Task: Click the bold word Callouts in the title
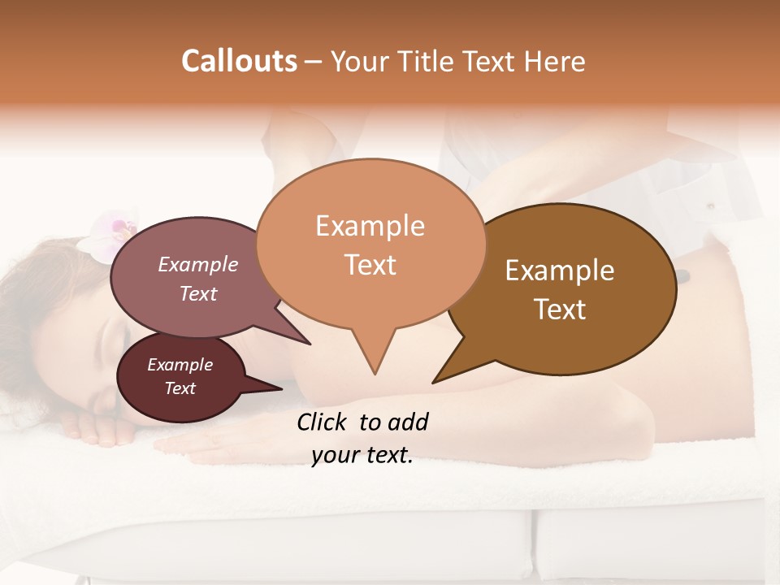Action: pyautogui.click(x=239, y=61)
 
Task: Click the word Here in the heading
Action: pyautogui.click(x=556, y=61)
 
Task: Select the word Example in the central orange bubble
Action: pyautogui.click(x=370, y=226)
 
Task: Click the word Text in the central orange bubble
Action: pyautogui.click(x=370, y=265)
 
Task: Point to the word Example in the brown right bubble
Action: pyautogui.click(x=560, y=271)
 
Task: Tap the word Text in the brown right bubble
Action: pyautogui.click(x=560, y=310)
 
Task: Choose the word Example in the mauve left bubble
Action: pyautogui.click(x=197, y=265)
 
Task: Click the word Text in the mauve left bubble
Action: pyautogui.click(x=197, y=293)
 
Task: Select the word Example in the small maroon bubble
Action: pyautogui.click(x=180, y=365)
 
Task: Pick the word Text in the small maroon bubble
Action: pyautogui.click(x=180, y=388)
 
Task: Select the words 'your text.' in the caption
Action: pyautogui.click(x=362, y=456)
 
